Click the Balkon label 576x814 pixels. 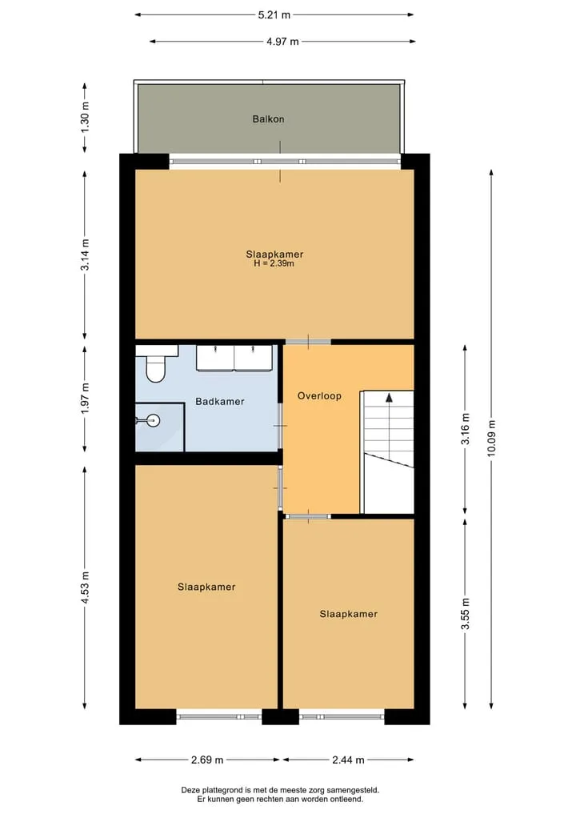pos(268,119)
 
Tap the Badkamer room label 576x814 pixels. pos(219,401)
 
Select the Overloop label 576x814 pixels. pos(319,396)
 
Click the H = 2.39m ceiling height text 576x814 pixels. pos(274,263)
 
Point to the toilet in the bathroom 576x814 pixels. pos(154,366)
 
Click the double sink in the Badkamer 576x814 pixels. pos(234,358)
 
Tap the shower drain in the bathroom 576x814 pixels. pos(153,420)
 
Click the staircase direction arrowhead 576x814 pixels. pos(389,398)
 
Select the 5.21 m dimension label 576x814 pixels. pos(274,15)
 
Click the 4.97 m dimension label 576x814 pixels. pos(283,42)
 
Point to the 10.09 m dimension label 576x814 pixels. pos(491,438)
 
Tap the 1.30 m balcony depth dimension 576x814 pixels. pos(86,117)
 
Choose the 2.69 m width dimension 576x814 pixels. pos(207,760)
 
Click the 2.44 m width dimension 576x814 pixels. pos(348,760)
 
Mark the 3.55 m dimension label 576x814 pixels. pos(466,614)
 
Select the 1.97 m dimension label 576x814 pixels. pos(86,398)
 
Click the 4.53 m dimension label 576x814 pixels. pos(86,587)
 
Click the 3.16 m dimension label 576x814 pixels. pos(466,429)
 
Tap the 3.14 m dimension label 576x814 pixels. pos(86,255)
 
